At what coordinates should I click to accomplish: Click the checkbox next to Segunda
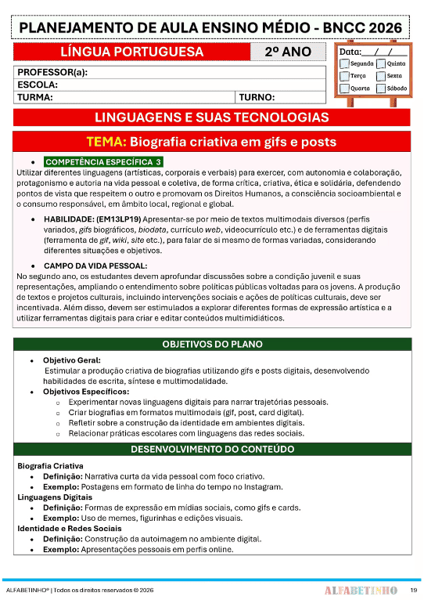(343, 63)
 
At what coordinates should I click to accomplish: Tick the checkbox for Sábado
(381, 89)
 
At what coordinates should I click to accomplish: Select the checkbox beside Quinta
(381, 63)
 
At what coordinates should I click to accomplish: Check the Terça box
(343, 76)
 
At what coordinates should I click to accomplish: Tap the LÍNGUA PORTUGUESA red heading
(131, 52)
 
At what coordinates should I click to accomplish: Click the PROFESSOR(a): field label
(52, 72)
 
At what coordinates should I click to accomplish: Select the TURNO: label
(257, 97)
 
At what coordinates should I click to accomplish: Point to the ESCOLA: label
(38, 85)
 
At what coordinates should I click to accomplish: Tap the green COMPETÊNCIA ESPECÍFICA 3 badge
(103, 161)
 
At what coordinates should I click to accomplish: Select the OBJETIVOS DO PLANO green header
(212, 345)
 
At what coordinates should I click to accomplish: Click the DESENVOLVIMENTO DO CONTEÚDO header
(212, 450)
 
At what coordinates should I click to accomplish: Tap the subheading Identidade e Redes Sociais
(69, 529)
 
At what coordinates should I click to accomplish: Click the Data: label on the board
(350, 52)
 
